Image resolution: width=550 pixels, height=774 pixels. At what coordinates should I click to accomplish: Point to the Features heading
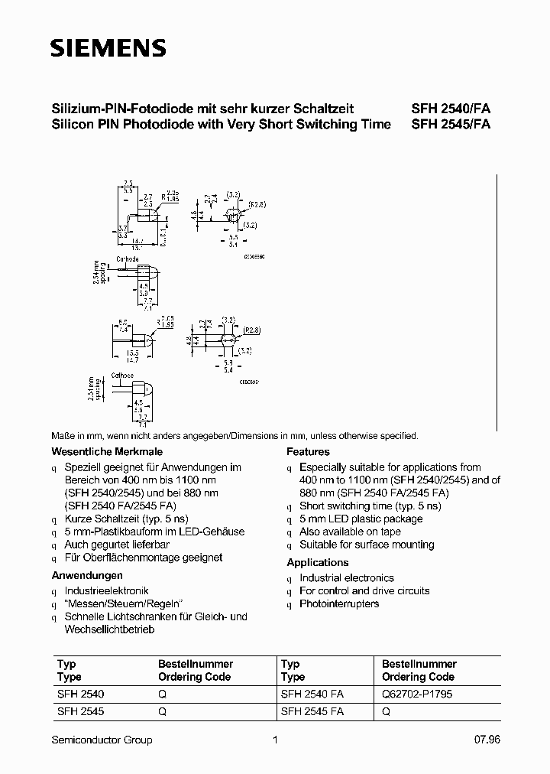pyautogui.click(x=308, y=452)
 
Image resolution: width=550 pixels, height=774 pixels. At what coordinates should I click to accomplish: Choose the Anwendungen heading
pyautogui.click(x=87, y=575)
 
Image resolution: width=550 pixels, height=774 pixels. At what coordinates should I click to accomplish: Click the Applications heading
pyautogui.click(x=317, y=562)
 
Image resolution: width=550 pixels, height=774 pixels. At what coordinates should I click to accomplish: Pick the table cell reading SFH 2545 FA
pyautogui.click(x=312, y=711)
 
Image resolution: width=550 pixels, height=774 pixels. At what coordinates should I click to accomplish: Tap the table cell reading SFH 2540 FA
pyautogui.click(x=312, y=695)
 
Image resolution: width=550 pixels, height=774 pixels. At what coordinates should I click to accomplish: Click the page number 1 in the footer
pyautogui.click(x=274, y=740)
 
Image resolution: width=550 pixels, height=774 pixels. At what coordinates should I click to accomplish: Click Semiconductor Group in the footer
pyautogui.click(x=102, y=740)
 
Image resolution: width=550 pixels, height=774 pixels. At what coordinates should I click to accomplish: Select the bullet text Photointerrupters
pyautogui.click(x=339, y=604)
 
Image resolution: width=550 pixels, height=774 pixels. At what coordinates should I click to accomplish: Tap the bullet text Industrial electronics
pyautogui.click(x=347, y=578)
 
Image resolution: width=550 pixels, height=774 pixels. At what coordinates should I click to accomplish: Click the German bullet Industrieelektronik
pyautogui.click(x=107, y=591)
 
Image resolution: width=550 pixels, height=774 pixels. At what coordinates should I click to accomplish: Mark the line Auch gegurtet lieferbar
pyautogui.click(x=117, y=545)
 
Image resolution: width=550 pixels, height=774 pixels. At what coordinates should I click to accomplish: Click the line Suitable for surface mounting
pyautogui.click(x=367, y=545)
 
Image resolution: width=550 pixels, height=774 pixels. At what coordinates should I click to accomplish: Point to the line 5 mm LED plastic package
pyautogui.click(x=361, y=519)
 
